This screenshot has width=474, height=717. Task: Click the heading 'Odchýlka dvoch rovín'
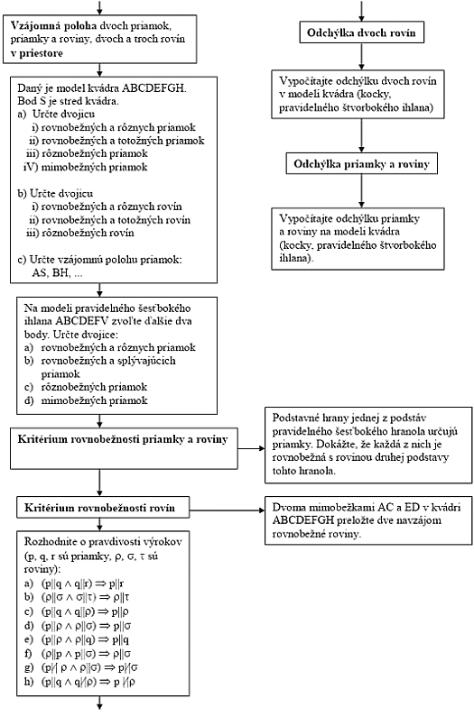point(361,33)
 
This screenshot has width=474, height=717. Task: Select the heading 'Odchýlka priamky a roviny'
point(362,164)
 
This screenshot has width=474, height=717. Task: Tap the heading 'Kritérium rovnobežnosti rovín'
point(99,508)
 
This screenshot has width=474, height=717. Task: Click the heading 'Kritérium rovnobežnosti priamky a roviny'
point(122,439)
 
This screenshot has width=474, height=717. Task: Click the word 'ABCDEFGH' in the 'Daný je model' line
point(154,87)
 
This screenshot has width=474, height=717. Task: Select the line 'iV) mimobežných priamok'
point(85,167)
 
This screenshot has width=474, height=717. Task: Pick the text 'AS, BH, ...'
point(57,273)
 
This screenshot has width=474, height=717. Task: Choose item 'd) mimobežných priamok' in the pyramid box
point(86,400)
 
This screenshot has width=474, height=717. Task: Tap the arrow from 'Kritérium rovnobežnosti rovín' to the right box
point(228,510)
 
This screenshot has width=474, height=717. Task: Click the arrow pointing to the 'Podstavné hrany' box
point(251,448)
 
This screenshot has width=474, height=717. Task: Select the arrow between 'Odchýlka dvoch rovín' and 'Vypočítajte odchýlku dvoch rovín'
point(361,57)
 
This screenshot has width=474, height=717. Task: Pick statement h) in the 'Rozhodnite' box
point(79,682)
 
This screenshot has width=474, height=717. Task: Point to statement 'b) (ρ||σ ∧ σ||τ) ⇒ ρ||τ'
point(77,597)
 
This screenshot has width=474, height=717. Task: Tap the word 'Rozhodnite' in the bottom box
point(48,541)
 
